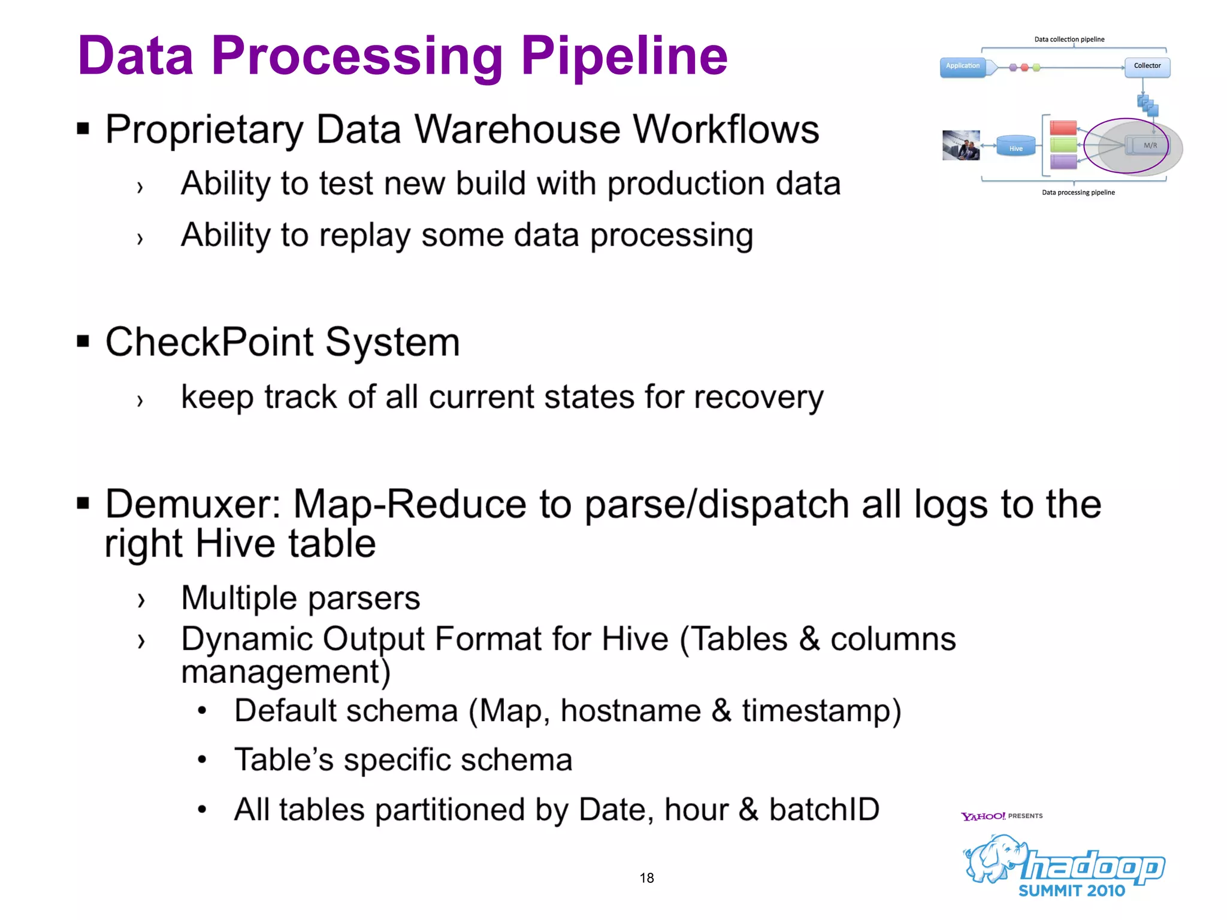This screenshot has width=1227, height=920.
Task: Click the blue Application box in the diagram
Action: click(x=962, y=67)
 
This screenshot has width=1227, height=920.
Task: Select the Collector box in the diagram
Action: click(x=1147, y=66)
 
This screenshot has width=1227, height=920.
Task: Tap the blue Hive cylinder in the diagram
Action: click(x=1016, y=147)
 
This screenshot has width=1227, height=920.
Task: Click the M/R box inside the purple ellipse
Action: click(x=1148, y=146)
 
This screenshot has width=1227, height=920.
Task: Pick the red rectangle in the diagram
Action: click(x=1063, y=128)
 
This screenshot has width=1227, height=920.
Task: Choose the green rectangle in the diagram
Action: click(x=1063, y=145)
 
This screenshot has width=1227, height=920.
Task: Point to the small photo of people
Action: click(x=960, y=146)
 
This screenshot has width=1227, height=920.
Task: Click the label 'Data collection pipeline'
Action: click(x=1069, y=40)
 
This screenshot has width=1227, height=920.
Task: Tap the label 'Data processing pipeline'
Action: click(x=1078, y=193)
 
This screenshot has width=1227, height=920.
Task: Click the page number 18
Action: click(x=646, y=878)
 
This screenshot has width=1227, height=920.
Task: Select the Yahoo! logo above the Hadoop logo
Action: click(x=983, y=816)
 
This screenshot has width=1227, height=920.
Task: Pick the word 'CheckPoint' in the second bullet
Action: click(x=209, y=342)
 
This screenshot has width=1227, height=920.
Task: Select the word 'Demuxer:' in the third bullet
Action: click(x=193, y=504)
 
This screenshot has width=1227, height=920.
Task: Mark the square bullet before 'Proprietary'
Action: click(x=83, y=128)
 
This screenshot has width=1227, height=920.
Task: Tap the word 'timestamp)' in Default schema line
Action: click(x=821, y=712)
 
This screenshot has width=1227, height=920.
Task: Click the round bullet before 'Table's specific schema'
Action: click(x=203, y=760)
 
